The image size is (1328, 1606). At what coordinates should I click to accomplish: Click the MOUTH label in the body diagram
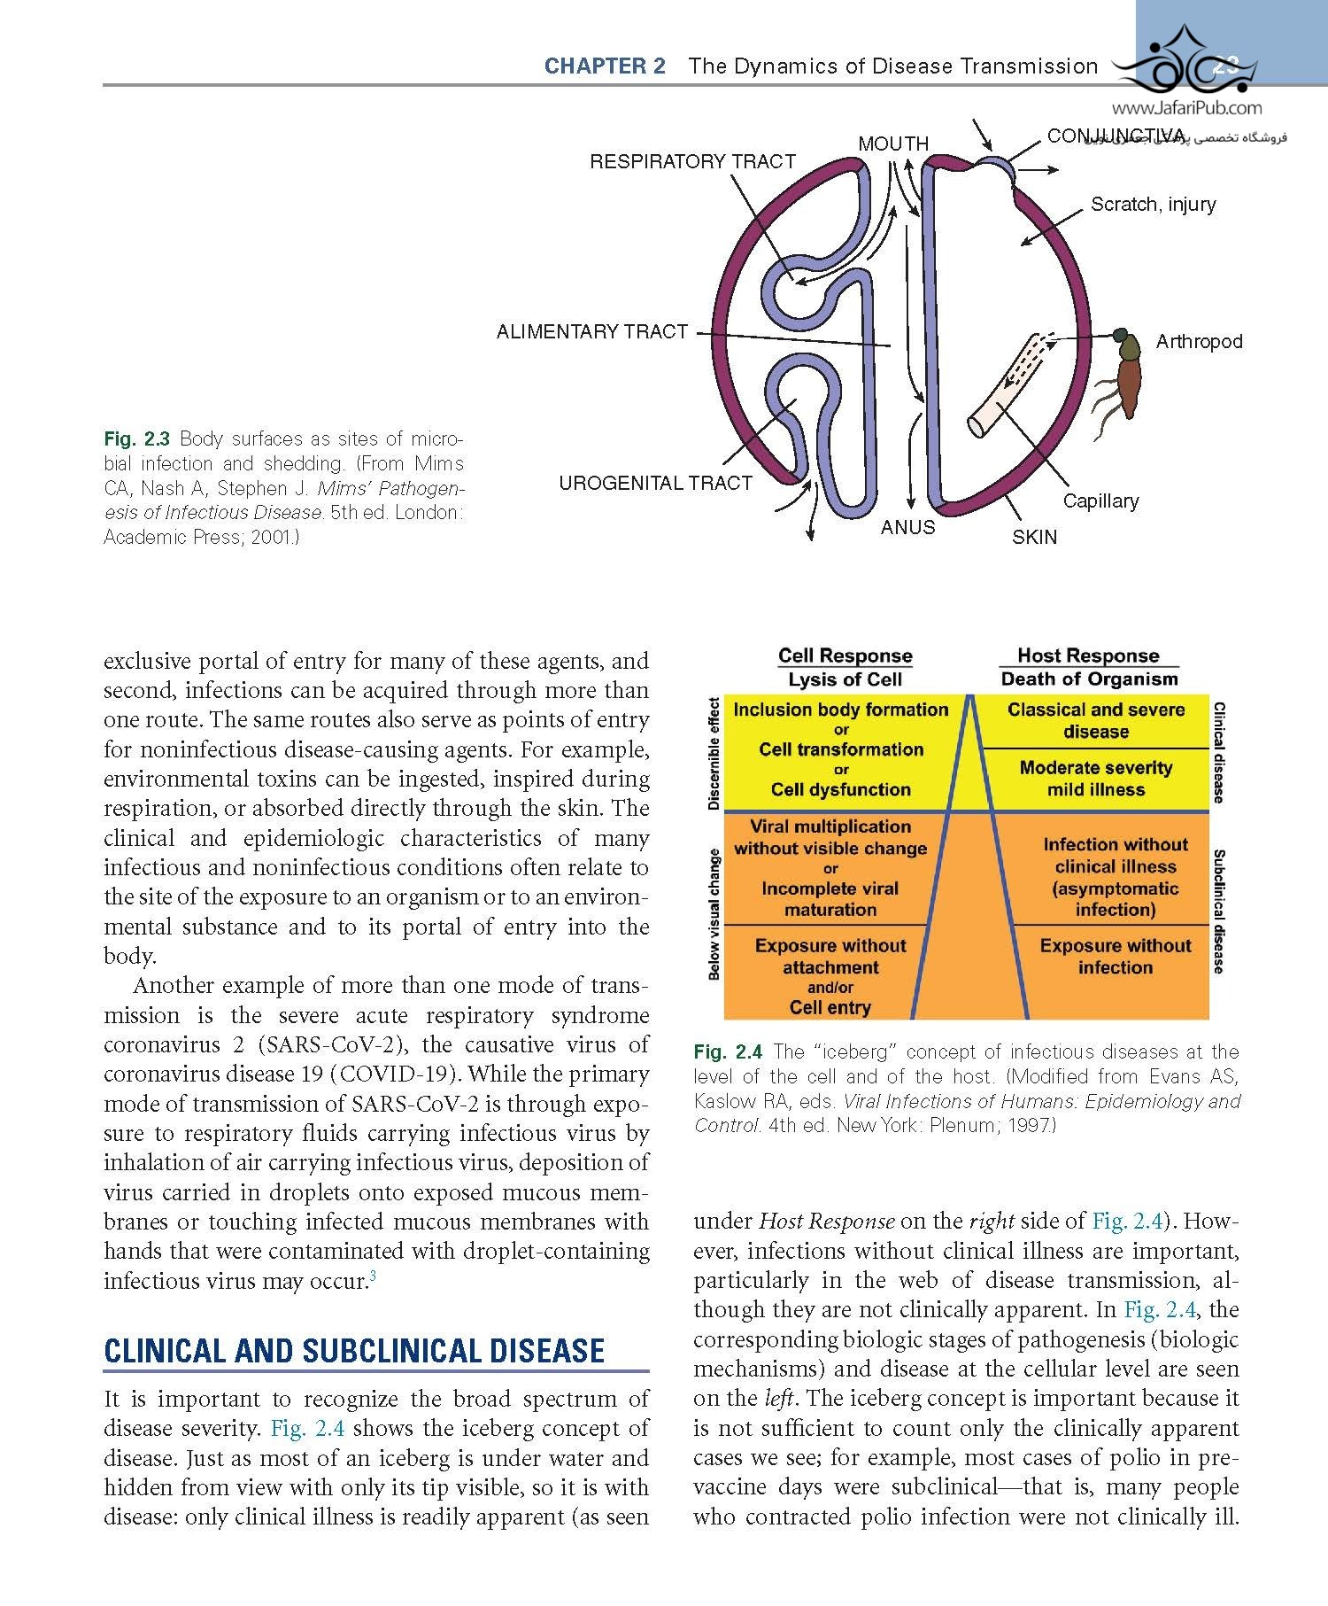point(892,144)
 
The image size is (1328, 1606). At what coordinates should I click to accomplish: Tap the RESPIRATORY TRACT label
point(692,162)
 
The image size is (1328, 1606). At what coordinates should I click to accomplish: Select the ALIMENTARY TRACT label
point(591,332)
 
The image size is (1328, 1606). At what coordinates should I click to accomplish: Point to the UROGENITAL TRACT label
point(655,484)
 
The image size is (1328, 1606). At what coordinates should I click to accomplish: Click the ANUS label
point(907,528)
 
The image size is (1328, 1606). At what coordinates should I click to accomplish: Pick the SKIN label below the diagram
point(1034,537)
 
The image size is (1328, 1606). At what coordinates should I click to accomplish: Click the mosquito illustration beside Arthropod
point(1125,376)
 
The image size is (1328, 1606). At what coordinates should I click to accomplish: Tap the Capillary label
point(1100,501)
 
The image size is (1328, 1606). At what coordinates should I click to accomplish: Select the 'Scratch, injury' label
point(1153,205)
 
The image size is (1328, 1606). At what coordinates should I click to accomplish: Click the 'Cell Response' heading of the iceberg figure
point(845,656)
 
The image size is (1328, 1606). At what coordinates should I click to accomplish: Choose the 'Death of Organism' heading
point(1089,679)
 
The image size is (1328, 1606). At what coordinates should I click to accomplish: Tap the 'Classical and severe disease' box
point(1095,721)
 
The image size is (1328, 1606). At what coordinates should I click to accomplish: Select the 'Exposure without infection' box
point(1115,957)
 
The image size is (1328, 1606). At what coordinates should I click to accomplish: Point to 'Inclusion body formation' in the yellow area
point(840,710)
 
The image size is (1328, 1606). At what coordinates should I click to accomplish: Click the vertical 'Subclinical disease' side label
point(1219,911)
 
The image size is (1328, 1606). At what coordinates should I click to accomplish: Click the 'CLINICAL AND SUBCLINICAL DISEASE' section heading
point(354,1351)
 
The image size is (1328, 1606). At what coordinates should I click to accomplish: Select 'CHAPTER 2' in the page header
point(605,66)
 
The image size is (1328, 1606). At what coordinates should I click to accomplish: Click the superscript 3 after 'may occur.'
point(374,1276)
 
